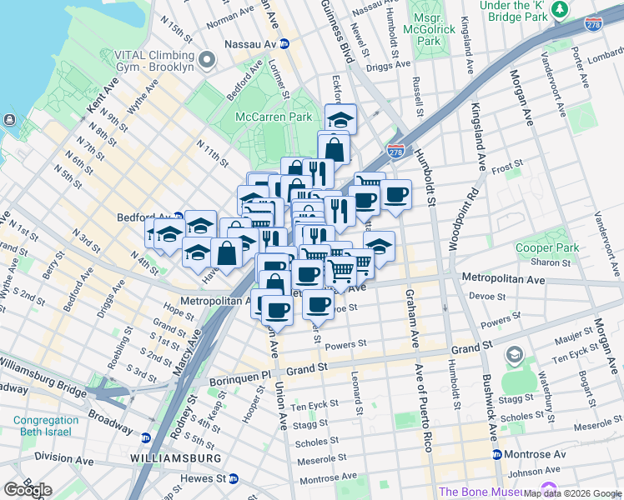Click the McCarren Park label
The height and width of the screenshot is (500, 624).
[273, 117]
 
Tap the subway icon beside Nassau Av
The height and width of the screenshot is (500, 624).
[284, 43]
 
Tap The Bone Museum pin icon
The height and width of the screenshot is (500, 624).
[548, 491]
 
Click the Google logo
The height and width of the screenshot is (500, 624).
[28, 489]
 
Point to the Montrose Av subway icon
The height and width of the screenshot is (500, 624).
[496, 454]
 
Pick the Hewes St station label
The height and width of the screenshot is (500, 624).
[204, 478]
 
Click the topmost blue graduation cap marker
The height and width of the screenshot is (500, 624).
[340, 118]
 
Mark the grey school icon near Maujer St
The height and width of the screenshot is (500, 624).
[515, 356]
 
